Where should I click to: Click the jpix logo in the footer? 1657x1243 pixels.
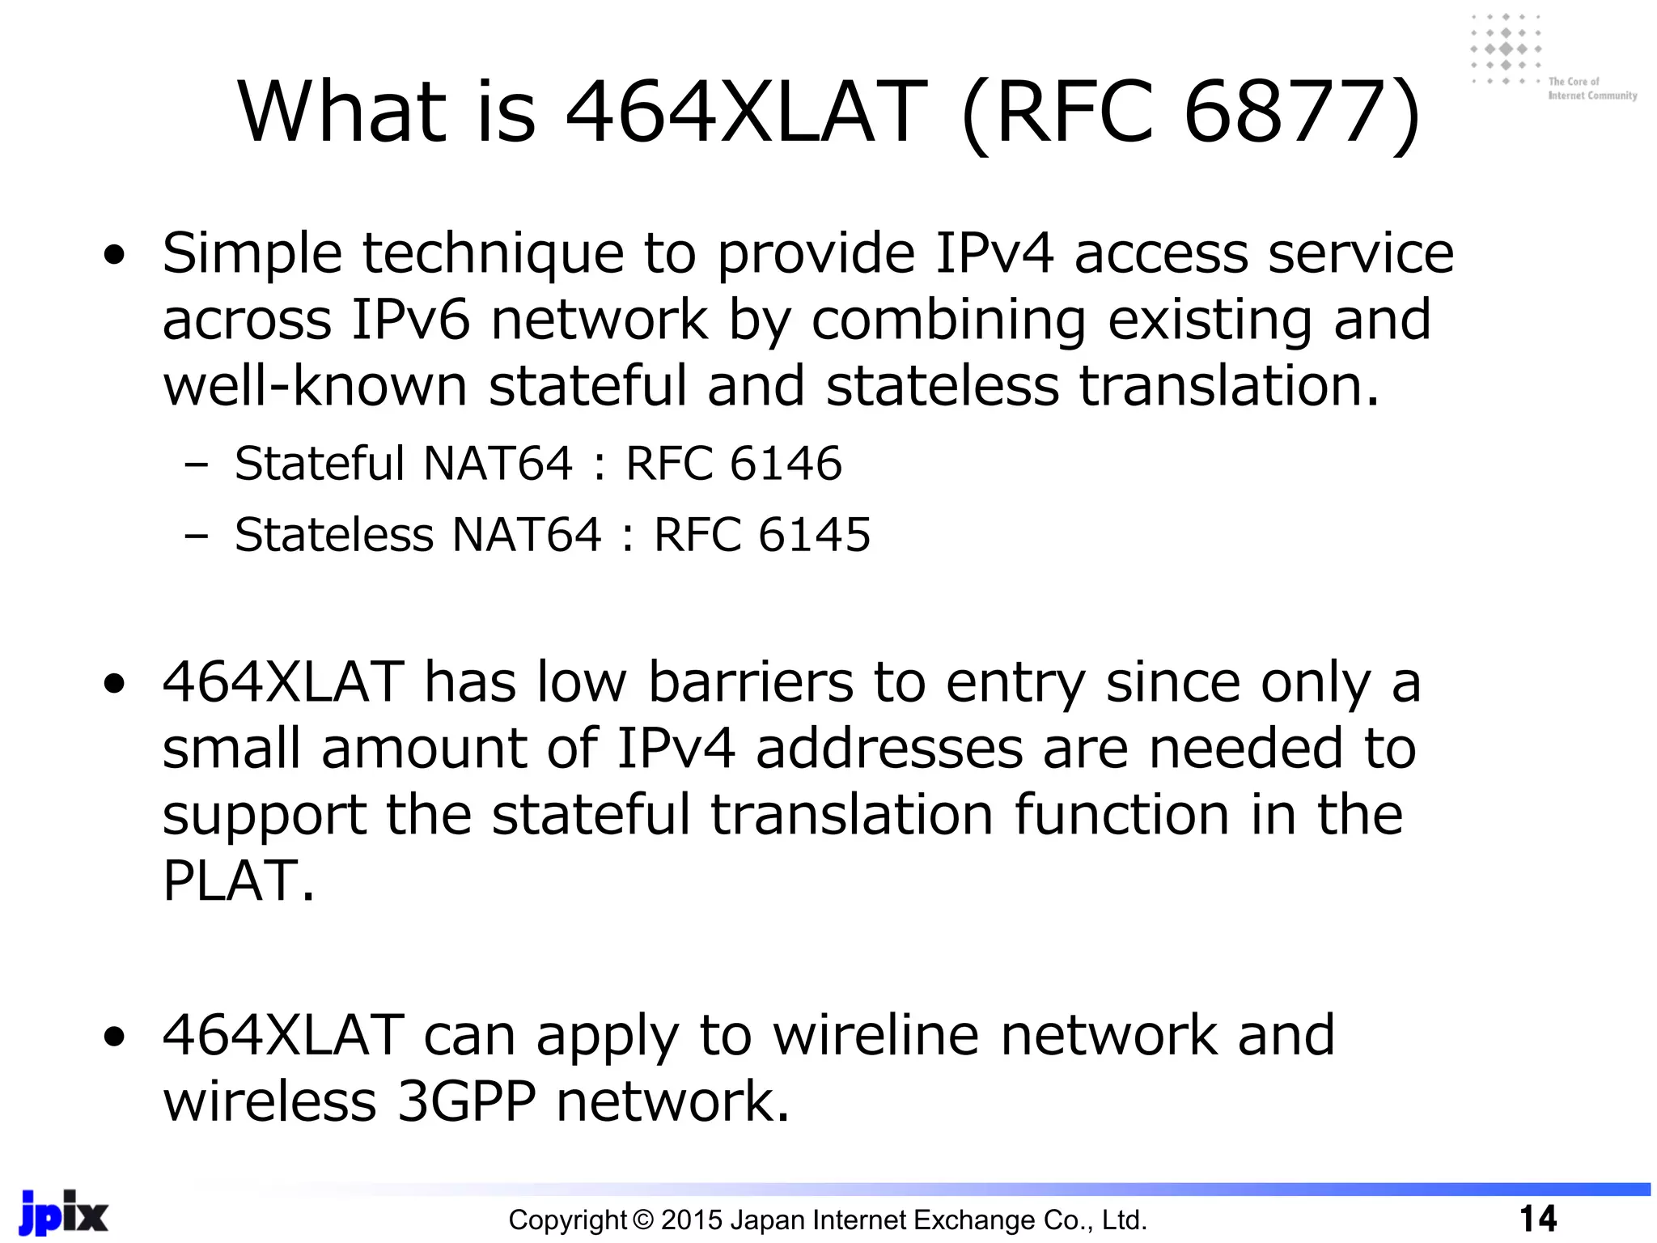pyautogui.click(x=63, y=1213)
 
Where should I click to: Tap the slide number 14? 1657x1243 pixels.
pyautogui.click(x=1537, y=1219)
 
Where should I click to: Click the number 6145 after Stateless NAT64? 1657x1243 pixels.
pyautogui.click(x=815, y=535)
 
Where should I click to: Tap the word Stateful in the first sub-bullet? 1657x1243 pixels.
pyautogui.click(x=319, y=464)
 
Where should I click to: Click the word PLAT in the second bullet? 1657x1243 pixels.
pyautogui.click(x=230, y=880)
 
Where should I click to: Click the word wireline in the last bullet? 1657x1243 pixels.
pyautogui.click(x=876, y=1036)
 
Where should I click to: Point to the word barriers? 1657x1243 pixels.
pyautogui.click(x=750, y=682)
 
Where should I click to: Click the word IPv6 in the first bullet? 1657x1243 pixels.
pyautogui.click(x=410, y=320)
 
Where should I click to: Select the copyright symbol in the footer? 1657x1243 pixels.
pyautogui.click(x=642, y=1220)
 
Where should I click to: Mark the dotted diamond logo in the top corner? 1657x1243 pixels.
pyautogui.click(x=1505, y=49)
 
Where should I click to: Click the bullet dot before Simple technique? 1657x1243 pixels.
pyautogui.click(x=115, y=256)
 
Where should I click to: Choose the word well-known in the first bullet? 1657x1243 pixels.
pyautogui.click(x=316, y=386)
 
